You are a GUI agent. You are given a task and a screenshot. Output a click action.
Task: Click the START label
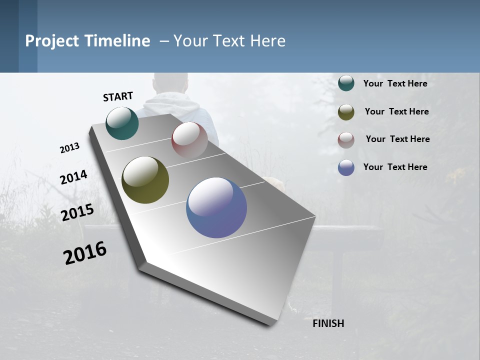point(118,96)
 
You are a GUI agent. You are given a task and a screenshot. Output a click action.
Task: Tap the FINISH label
point(328,323)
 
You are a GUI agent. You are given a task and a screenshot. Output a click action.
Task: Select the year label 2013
point(69,148)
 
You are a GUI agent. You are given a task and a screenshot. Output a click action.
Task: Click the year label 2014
point(73,177)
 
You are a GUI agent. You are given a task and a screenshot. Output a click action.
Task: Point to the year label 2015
point(77,212)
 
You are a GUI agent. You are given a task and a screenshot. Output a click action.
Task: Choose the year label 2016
point(85,253)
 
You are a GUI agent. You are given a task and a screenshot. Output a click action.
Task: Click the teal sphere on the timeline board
point(122,123)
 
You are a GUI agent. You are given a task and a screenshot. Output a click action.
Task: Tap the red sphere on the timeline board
point(189,140)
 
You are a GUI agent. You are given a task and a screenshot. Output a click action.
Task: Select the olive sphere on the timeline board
point(145,180)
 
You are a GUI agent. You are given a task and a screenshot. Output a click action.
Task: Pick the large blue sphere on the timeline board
point(216,207)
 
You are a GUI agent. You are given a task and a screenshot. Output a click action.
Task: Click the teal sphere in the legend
point(346,83)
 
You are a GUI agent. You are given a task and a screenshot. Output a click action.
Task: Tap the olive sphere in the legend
point(346,112)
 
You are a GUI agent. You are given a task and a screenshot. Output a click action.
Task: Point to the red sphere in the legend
point(346,140)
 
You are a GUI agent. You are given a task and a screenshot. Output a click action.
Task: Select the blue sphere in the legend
point(346,167)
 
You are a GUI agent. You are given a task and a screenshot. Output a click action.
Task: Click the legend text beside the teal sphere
point(395,84)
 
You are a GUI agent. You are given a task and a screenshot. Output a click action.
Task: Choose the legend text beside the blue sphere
point(395,167)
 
